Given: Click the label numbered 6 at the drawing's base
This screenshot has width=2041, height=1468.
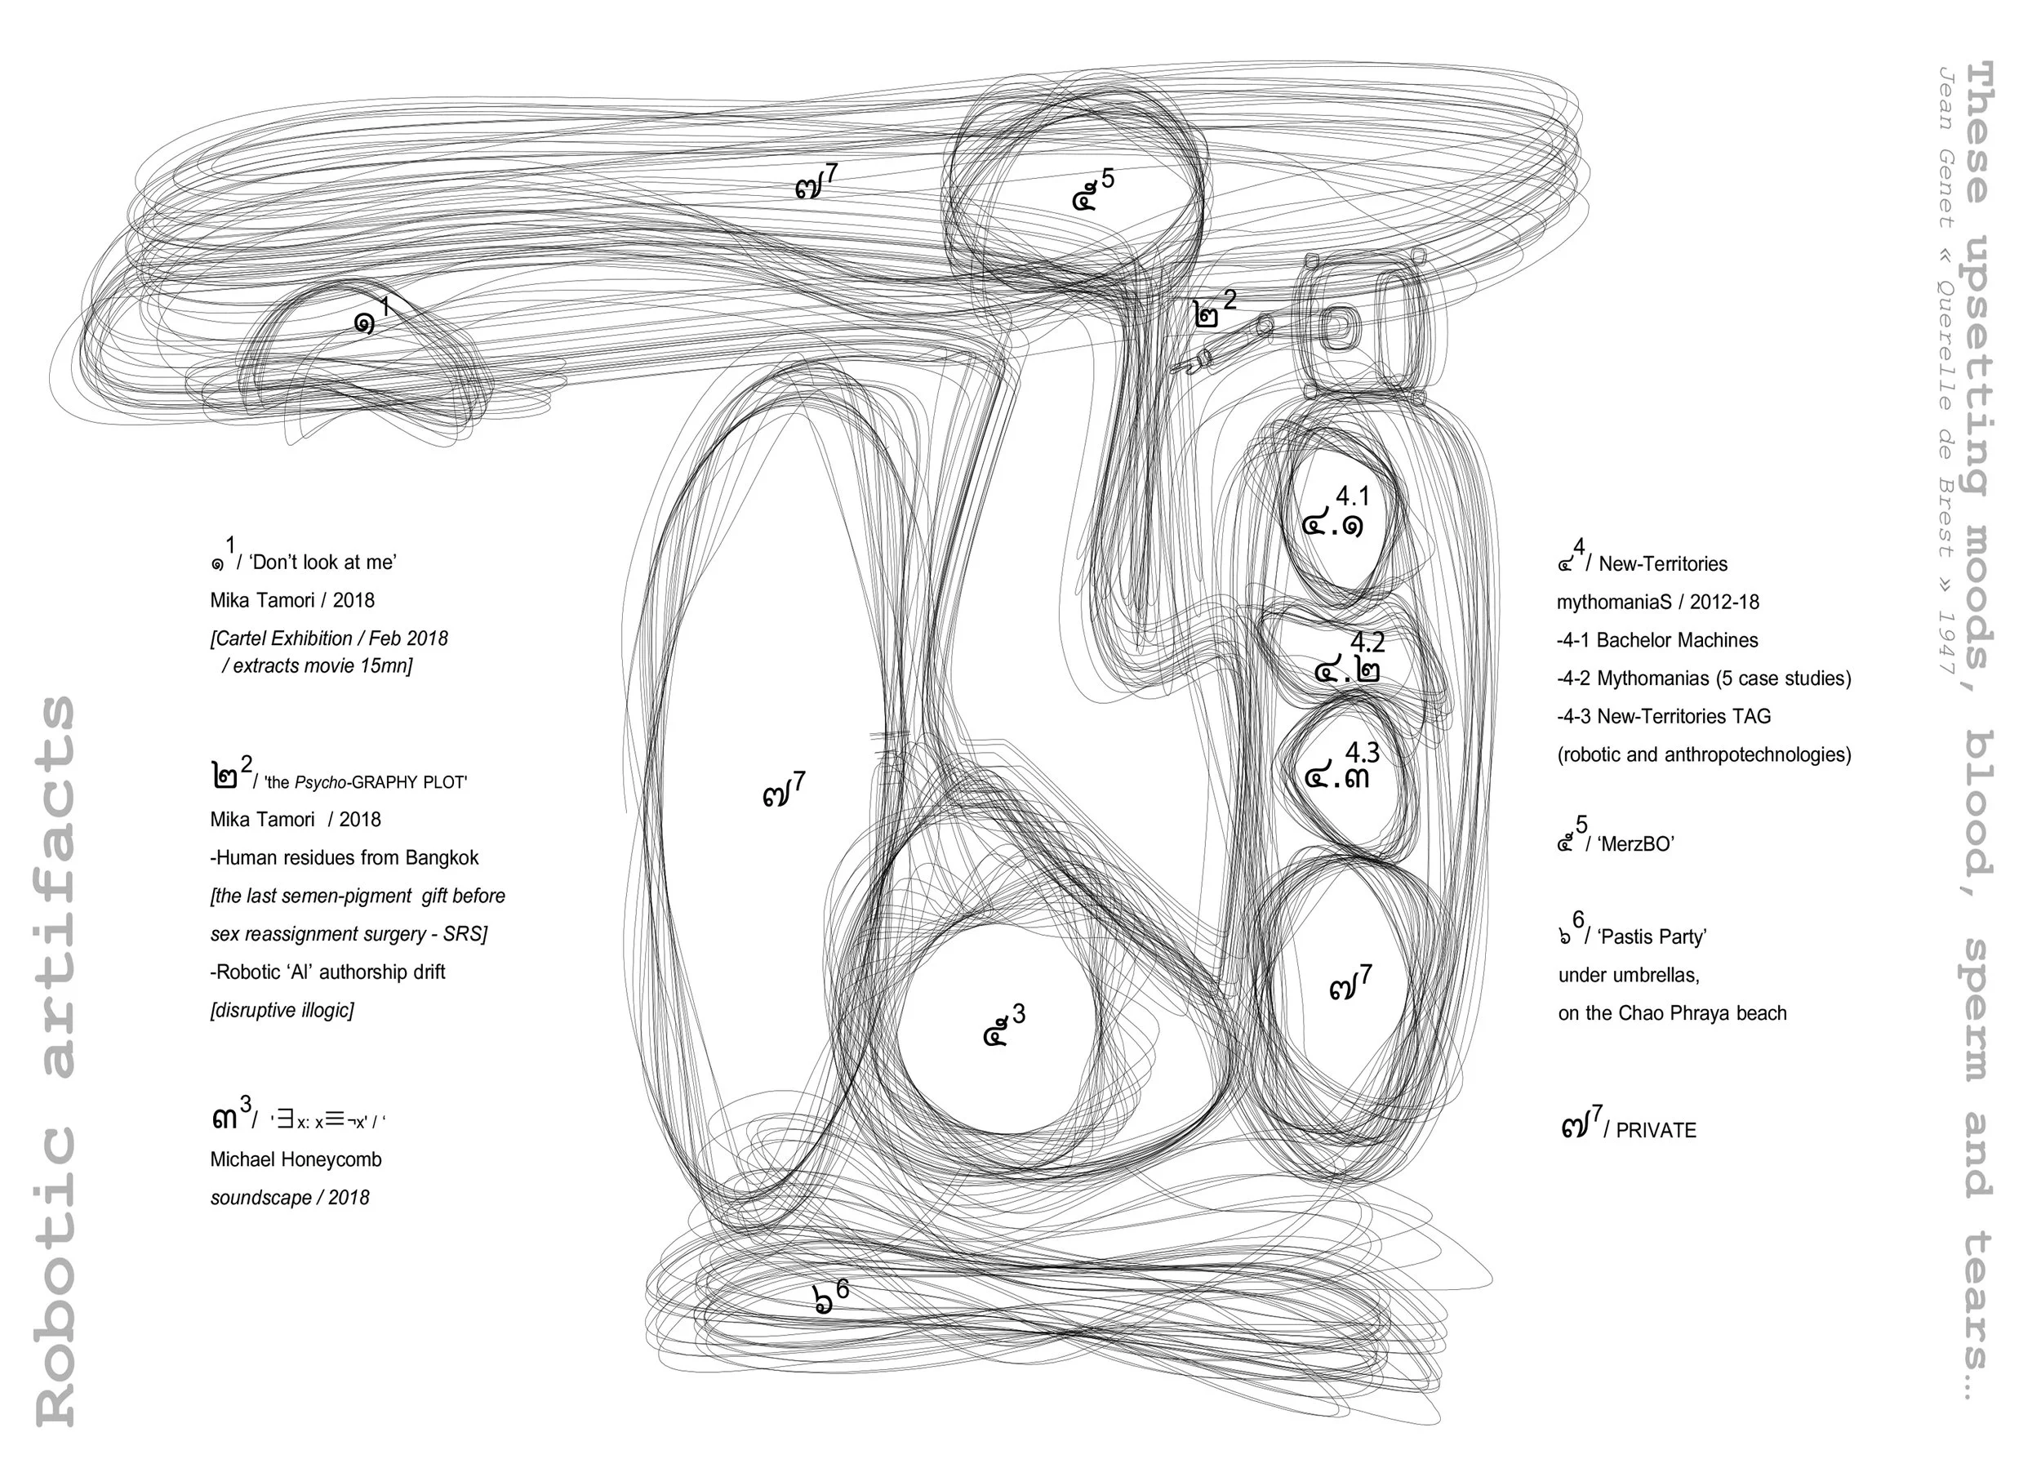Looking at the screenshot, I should click(x=829, y=1297).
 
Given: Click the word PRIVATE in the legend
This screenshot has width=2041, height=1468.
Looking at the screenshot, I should click(x=1655, y=1132).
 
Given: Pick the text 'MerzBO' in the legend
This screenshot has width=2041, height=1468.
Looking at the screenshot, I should click(x=1635, y=844).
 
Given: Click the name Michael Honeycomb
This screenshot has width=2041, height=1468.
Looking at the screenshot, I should click(x=296, y=1159).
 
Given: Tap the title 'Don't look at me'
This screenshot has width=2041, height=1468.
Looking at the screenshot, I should click(x=322, y=563).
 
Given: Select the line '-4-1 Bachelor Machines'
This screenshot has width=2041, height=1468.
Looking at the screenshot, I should click(x=1656, y=640).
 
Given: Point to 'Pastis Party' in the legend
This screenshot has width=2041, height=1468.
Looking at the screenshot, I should click(x=1652, y=937).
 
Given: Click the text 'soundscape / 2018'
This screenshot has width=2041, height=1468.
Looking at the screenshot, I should click(x=290, y=1198).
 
